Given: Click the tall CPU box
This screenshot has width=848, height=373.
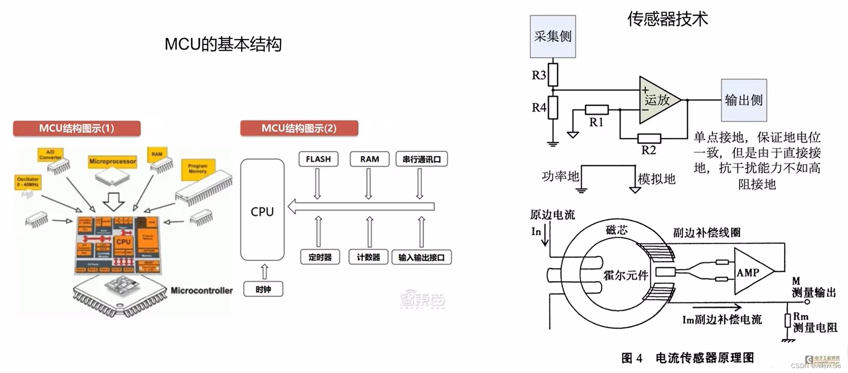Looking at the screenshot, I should coord(262,210).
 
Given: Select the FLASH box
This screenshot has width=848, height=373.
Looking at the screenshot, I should coord(318,159).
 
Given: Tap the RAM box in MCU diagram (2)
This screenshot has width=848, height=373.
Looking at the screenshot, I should coord(369,159).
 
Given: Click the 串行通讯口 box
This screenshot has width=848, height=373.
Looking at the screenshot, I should coord(421,159).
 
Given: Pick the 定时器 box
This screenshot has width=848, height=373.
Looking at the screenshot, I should coord(320,257).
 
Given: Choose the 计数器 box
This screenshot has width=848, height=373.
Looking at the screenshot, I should coord(368,257).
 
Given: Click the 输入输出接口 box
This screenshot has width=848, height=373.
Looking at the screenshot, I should coord(421,257).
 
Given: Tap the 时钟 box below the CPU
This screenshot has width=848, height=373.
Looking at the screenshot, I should coord(263,289).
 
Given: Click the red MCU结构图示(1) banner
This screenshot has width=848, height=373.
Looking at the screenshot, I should coord(77,128).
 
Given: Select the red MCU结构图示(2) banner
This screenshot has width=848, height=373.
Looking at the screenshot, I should coord(299,128).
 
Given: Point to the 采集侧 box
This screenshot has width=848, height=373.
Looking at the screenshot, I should coord(553,36).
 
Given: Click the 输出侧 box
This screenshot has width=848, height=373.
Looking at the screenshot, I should coord(744,100).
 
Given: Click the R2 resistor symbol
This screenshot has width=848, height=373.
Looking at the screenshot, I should coord(649,138).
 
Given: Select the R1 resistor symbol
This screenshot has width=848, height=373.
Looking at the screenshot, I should coord(596,110).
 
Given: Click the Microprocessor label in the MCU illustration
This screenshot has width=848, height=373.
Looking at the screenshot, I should coord(112,161).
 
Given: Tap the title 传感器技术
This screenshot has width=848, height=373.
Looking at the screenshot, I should coord(668,19).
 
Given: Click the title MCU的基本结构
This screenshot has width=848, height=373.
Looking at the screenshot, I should coord(223,45).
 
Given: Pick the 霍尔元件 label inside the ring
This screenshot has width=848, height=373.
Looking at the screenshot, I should coord(625,275).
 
